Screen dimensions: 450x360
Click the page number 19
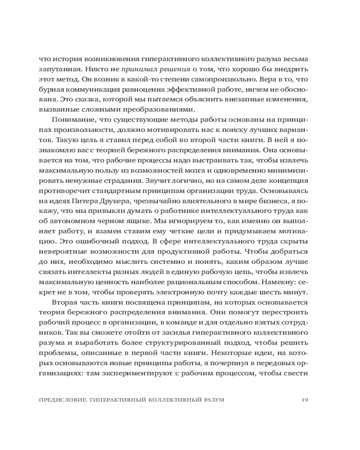point(304,400)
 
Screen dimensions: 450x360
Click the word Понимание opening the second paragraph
point(73,119)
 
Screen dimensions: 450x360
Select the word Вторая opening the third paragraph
point(66,302)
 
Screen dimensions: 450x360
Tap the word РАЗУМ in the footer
point(213,400)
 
